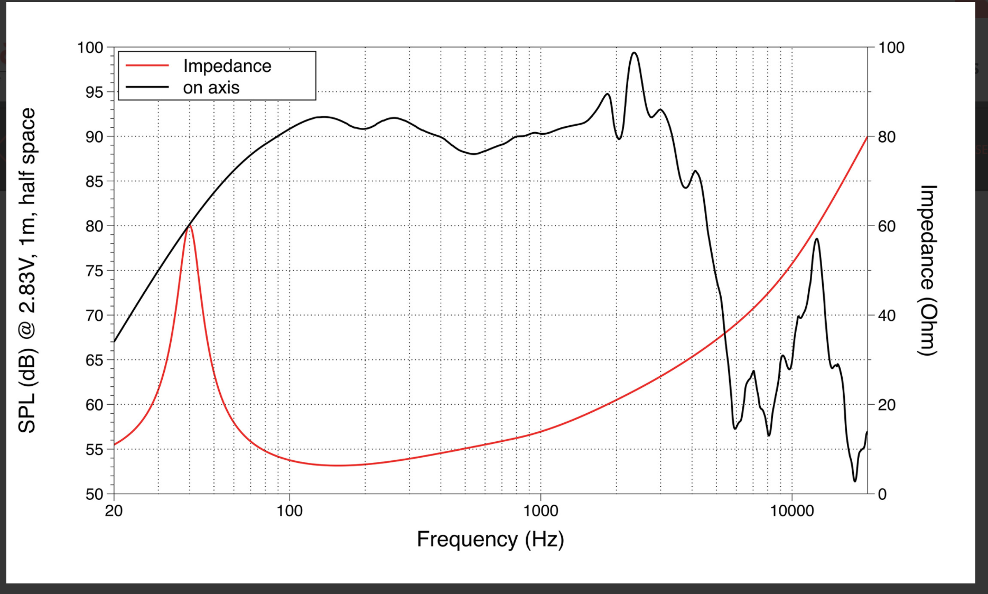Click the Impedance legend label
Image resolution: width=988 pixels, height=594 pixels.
coord(227,66)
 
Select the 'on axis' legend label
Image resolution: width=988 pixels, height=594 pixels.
coord(211,88)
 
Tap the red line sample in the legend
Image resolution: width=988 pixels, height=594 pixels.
coord(147,66)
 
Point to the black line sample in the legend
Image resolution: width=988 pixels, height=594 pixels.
coord(147,88)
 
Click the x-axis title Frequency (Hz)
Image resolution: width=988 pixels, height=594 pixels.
coord(490,539)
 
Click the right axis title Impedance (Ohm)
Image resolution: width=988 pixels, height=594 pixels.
coord(928,270)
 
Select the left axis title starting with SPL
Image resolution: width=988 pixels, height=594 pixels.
coord(27,270)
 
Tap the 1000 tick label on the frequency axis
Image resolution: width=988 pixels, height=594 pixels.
coord(540,511)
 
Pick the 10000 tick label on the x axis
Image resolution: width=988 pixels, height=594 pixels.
coord(791,511)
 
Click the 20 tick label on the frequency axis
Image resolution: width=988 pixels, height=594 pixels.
coord(114,511)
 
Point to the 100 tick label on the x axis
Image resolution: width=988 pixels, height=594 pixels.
coord(290,511)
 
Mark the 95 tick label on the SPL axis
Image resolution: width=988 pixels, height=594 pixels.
coord(94,92)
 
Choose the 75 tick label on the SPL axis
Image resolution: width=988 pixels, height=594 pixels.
coord(94,271)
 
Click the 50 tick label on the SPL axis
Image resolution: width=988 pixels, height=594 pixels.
coord(94,495)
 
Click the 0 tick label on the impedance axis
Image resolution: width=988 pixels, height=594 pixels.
coord(882,495)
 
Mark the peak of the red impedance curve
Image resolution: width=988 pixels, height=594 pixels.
coord(190,226)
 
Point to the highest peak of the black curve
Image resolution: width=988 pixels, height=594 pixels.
coord(634,53)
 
